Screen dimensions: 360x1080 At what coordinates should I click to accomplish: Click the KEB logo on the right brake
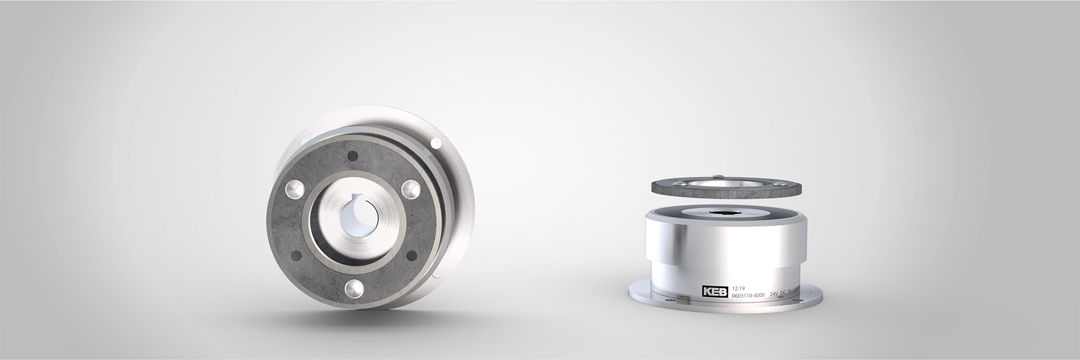pyautogui.click(x=714, y=292)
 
